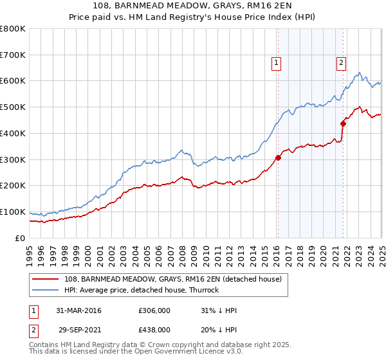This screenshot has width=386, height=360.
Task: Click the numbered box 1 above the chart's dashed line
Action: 276,63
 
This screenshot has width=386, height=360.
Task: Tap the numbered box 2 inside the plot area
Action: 340,63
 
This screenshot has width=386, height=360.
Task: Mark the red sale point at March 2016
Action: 279,157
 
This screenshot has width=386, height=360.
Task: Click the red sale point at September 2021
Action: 343,123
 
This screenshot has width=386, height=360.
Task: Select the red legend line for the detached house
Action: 45,279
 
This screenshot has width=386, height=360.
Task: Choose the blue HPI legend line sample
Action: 45,290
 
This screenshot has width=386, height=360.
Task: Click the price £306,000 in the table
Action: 154,310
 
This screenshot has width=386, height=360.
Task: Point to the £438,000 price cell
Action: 154,329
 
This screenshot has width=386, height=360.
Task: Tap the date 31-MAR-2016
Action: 79,310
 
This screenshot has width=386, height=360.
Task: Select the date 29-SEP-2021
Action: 79,329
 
